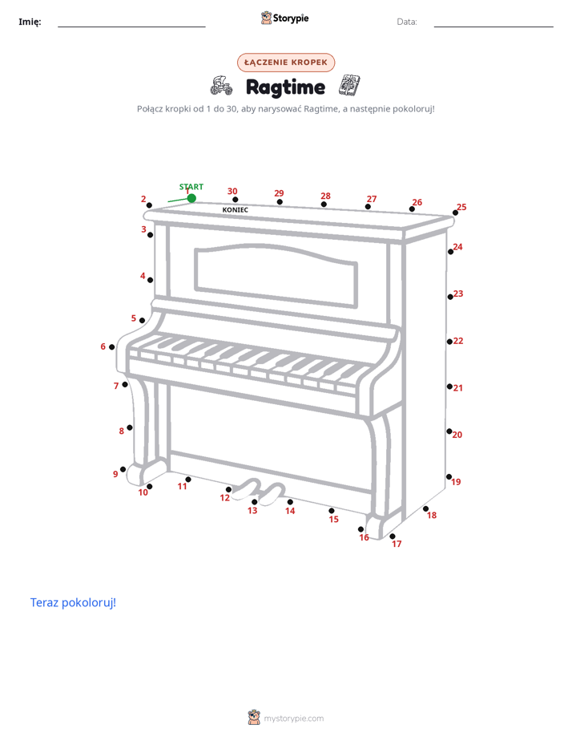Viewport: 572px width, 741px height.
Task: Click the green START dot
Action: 191,198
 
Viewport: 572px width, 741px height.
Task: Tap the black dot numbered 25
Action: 455,213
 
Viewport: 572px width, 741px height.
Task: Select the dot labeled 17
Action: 393,536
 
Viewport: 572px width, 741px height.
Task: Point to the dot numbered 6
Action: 112,347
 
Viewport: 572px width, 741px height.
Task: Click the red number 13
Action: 252,510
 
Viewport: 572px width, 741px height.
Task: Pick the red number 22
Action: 458,341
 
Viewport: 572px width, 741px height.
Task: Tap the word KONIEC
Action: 235,210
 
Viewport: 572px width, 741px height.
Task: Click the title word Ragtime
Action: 285,87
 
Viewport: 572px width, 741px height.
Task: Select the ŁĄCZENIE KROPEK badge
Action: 286,63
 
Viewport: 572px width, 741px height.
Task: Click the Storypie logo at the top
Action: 285,18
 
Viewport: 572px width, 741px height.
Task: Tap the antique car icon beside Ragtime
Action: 221,86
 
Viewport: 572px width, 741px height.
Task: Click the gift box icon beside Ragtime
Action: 350,86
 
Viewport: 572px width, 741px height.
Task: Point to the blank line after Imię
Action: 131,26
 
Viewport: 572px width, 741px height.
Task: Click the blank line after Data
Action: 493,26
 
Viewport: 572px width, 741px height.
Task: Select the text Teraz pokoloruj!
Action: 73,602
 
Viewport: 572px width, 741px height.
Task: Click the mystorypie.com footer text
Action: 293,719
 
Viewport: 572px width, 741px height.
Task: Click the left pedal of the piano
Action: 247,488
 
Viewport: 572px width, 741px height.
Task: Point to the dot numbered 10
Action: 150,486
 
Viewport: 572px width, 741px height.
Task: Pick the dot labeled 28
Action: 324,204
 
